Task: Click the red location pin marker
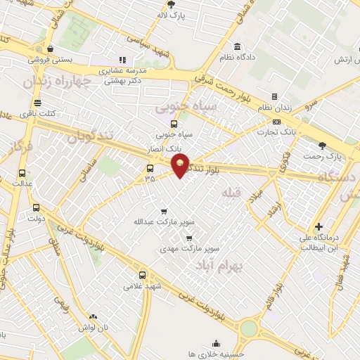tap(181, 166)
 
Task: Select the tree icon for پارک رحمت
tap(323, 146)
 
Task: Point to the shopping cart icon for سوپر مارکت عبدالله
tap(164, 211)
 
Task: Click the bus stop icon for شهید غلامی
tap(143, 275)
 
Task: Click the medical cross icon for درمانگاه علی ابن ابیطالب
tap(320, 226)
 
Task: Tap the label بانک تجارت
tap(278, 131)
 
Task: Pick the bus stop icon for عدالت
tap(22, 173)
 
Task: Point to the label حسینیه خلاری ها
tap(215, 354)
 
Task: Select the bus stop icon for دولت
tap(35, 207)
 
